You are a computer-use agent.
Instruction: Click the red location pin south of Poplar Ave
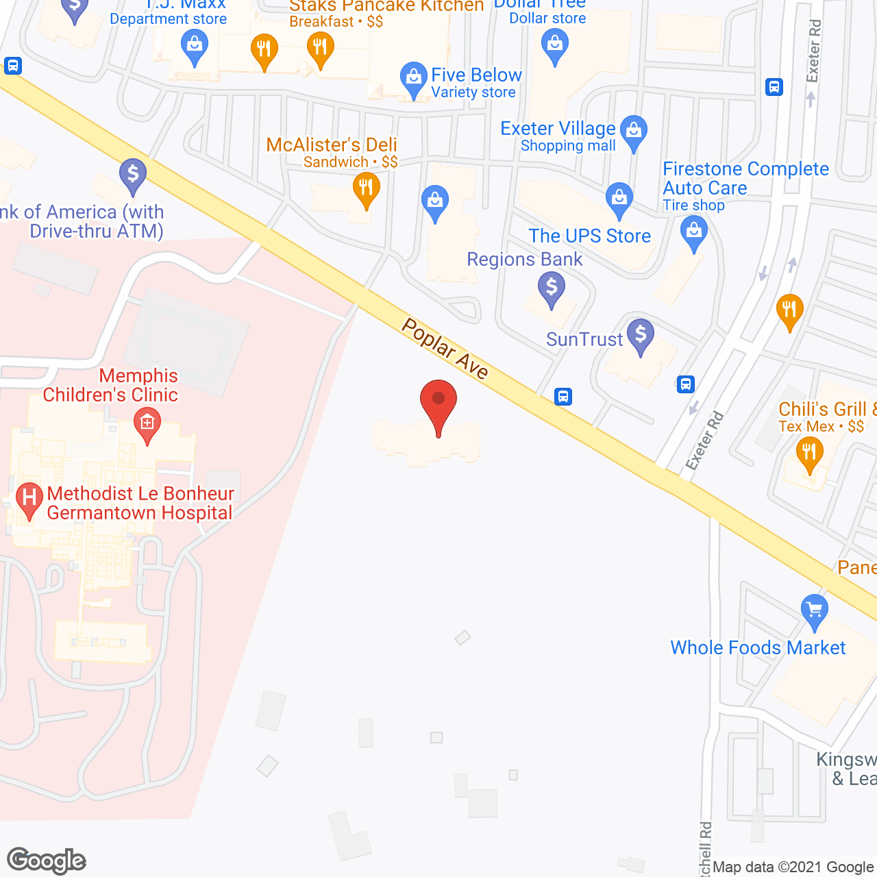(x=438, y=404)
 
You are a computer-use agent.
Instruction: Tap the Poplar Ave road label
(x=445, y=349)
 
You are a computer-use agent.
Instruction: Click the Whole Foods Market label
(x=758, y=647)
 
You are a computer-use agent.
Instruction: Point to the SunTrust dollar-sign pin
(x=641, y=336)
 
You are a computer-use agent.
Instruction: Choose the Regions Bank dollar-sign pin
(x=551, y=288)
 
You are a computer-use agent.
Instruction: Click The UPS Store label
(x=589, y=236)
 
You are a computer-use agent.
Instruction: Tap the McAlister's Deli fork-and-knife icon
(x=366, y=188)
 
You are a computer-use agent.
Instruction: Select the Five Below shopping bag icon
(x=413, y=79)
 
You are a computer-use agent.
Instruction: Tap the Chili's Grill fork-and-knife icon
(x=809, y=454)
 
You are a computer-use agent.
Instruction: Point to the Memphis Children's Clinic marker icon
(x=147, y=423)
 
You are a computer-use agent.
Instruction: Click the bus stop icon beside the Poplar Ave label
(x=563, y=397)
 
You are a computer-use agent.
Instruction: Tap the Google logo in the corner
(x=47, y=861)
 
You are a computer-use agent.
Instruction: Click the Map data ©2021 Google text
(x=793, y=867)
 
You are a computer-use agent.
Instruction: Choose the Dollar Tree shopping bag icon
(x=555, y=47)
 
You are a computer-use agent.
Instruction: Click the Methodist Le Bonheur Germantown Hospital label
(x=140, y=503)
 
